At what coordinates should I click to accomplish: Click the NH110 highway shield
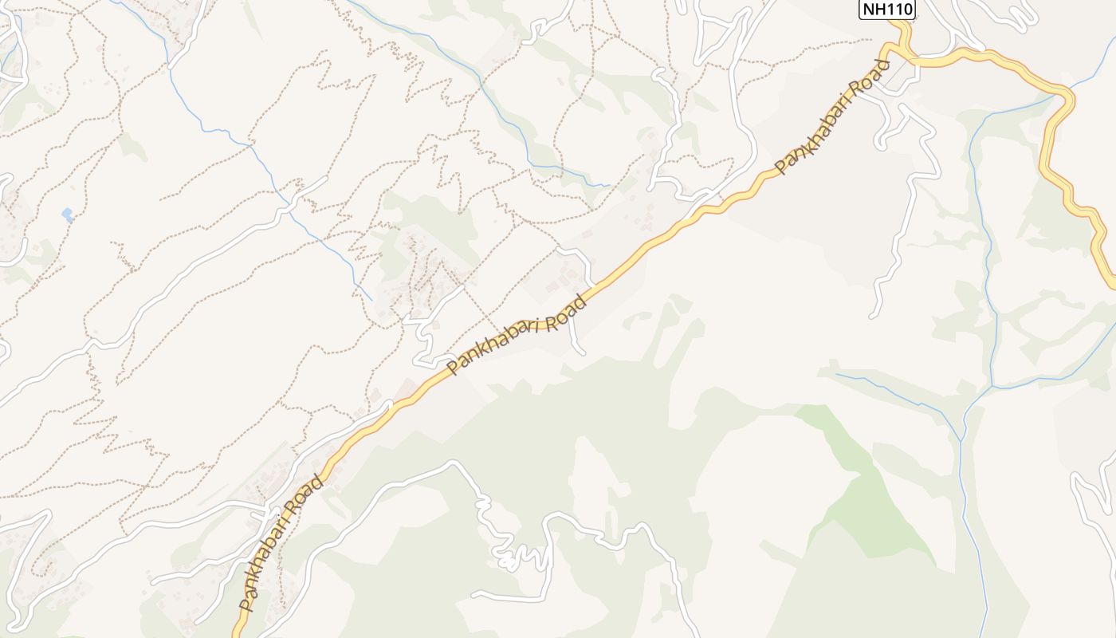coord(886,10)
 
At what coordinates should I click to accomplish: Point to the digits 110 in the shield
coord(898,10)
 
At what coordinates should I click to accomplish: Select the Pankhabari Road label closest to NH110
coord(831,125)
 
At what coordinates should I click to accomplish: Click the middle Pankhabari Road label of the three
coord(517,335)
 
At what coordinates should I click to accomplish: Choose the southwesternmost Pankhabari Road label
coord(283,542)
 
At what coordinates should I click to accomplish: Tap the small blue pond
coord(67,215)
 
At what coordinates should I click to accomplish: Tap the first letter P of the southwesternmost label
coord(246,604)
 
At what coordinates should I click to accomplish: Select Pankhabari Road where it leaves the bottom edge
coord(238,633)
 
